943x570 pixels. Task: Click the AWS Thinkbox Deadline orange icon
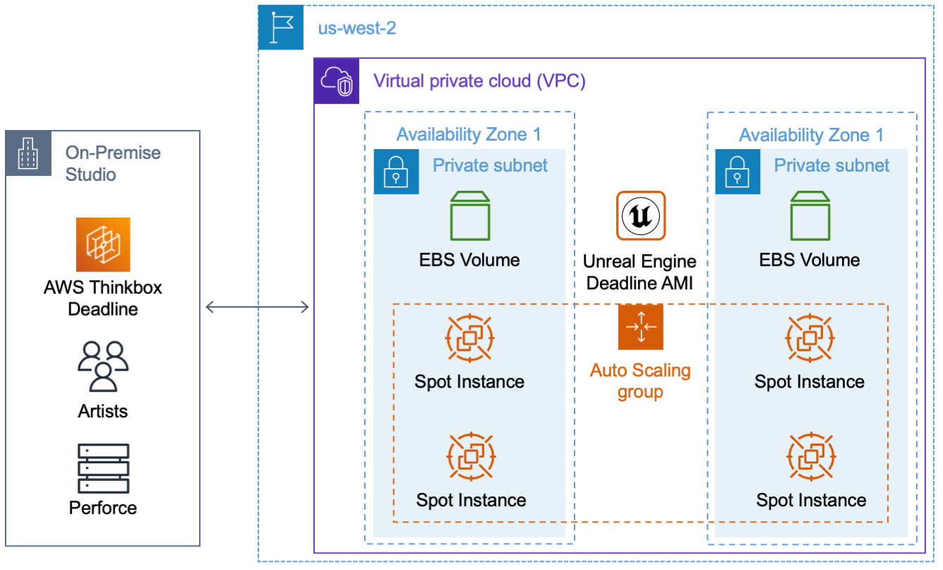pyautogui.click(x=103, y=244)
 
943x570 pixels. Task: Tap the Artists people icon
pyautogui.click(x=103, y=366)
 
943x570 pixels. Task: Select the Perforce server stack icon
pyautogui.click(x=103, y=468)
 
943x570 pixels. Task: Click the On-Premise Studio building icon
pyautogui.click(x=28, y=153)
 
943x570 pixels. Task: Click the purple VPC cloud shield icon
pyautogui.click(x=336, y=81)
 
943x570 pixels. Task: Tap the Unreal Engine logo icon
pyautogui.click(x=640, y=215)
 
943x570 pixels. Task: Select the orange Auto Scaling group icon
pyautogui.click(x=640, y=326)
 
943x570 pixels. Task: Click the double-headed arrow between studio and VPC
pyautogui.click(x=257, y=306)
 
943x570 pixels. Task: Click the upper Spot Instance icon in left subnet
pyautogui.click(x=470, y=339)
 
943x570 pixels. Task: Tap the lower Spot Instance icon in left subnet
pyautogui.click(x=471, y=458)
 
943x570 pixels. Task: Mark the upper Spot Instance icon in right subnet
pyautogui.click(x=810, y=339)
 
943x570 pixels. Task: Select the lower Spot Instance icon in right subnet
pyautogui.click(x=810, y=458)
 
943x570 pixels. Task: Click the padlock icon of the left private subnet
pyautogui.click(x=396, y=172)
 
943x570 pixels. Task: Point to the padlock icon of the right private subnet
pyautogui.click(x=738, y=172)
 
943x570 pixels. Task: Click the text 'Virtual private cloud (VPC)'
pyautogui.click(x=479, y=81)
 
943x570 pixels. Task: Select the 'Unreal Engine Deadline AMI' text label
pyautogui.click(x=639, y=272)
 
